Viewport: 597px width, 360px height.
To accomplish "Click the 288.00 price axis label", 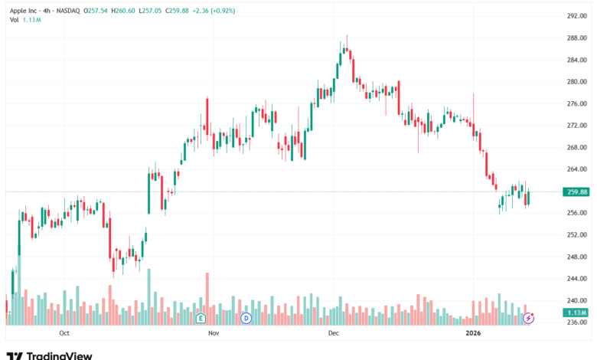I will [576, 38].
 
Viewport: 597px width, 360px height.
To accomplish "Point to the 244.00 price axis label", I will [576, 279].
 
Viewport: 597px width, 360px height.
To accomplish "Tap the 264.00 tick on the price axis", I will [576, 169].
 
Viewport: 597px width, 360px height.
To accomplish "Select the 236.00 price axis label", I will [576, 322].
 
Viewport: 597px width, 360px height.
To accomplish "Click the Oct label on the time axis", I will [64, 334].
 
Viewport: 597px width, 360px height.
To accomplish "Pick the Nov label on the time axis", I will [214, 334].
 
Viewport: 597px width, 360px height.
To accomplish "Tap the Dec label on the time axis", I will [333, 334].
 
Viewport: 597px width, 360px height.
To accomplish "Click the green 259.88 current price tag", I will [577, 191].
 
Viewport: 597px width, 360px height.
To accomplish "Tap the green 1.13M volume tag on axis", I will [577, 313].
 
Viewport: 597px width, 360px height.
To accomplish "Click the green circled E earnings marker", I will [201, 317].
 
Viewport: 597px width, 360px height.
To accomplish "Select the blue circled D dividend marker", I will [246, 317].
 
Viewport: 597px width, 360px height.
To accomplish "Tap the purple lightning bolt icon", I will [528, 317].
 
